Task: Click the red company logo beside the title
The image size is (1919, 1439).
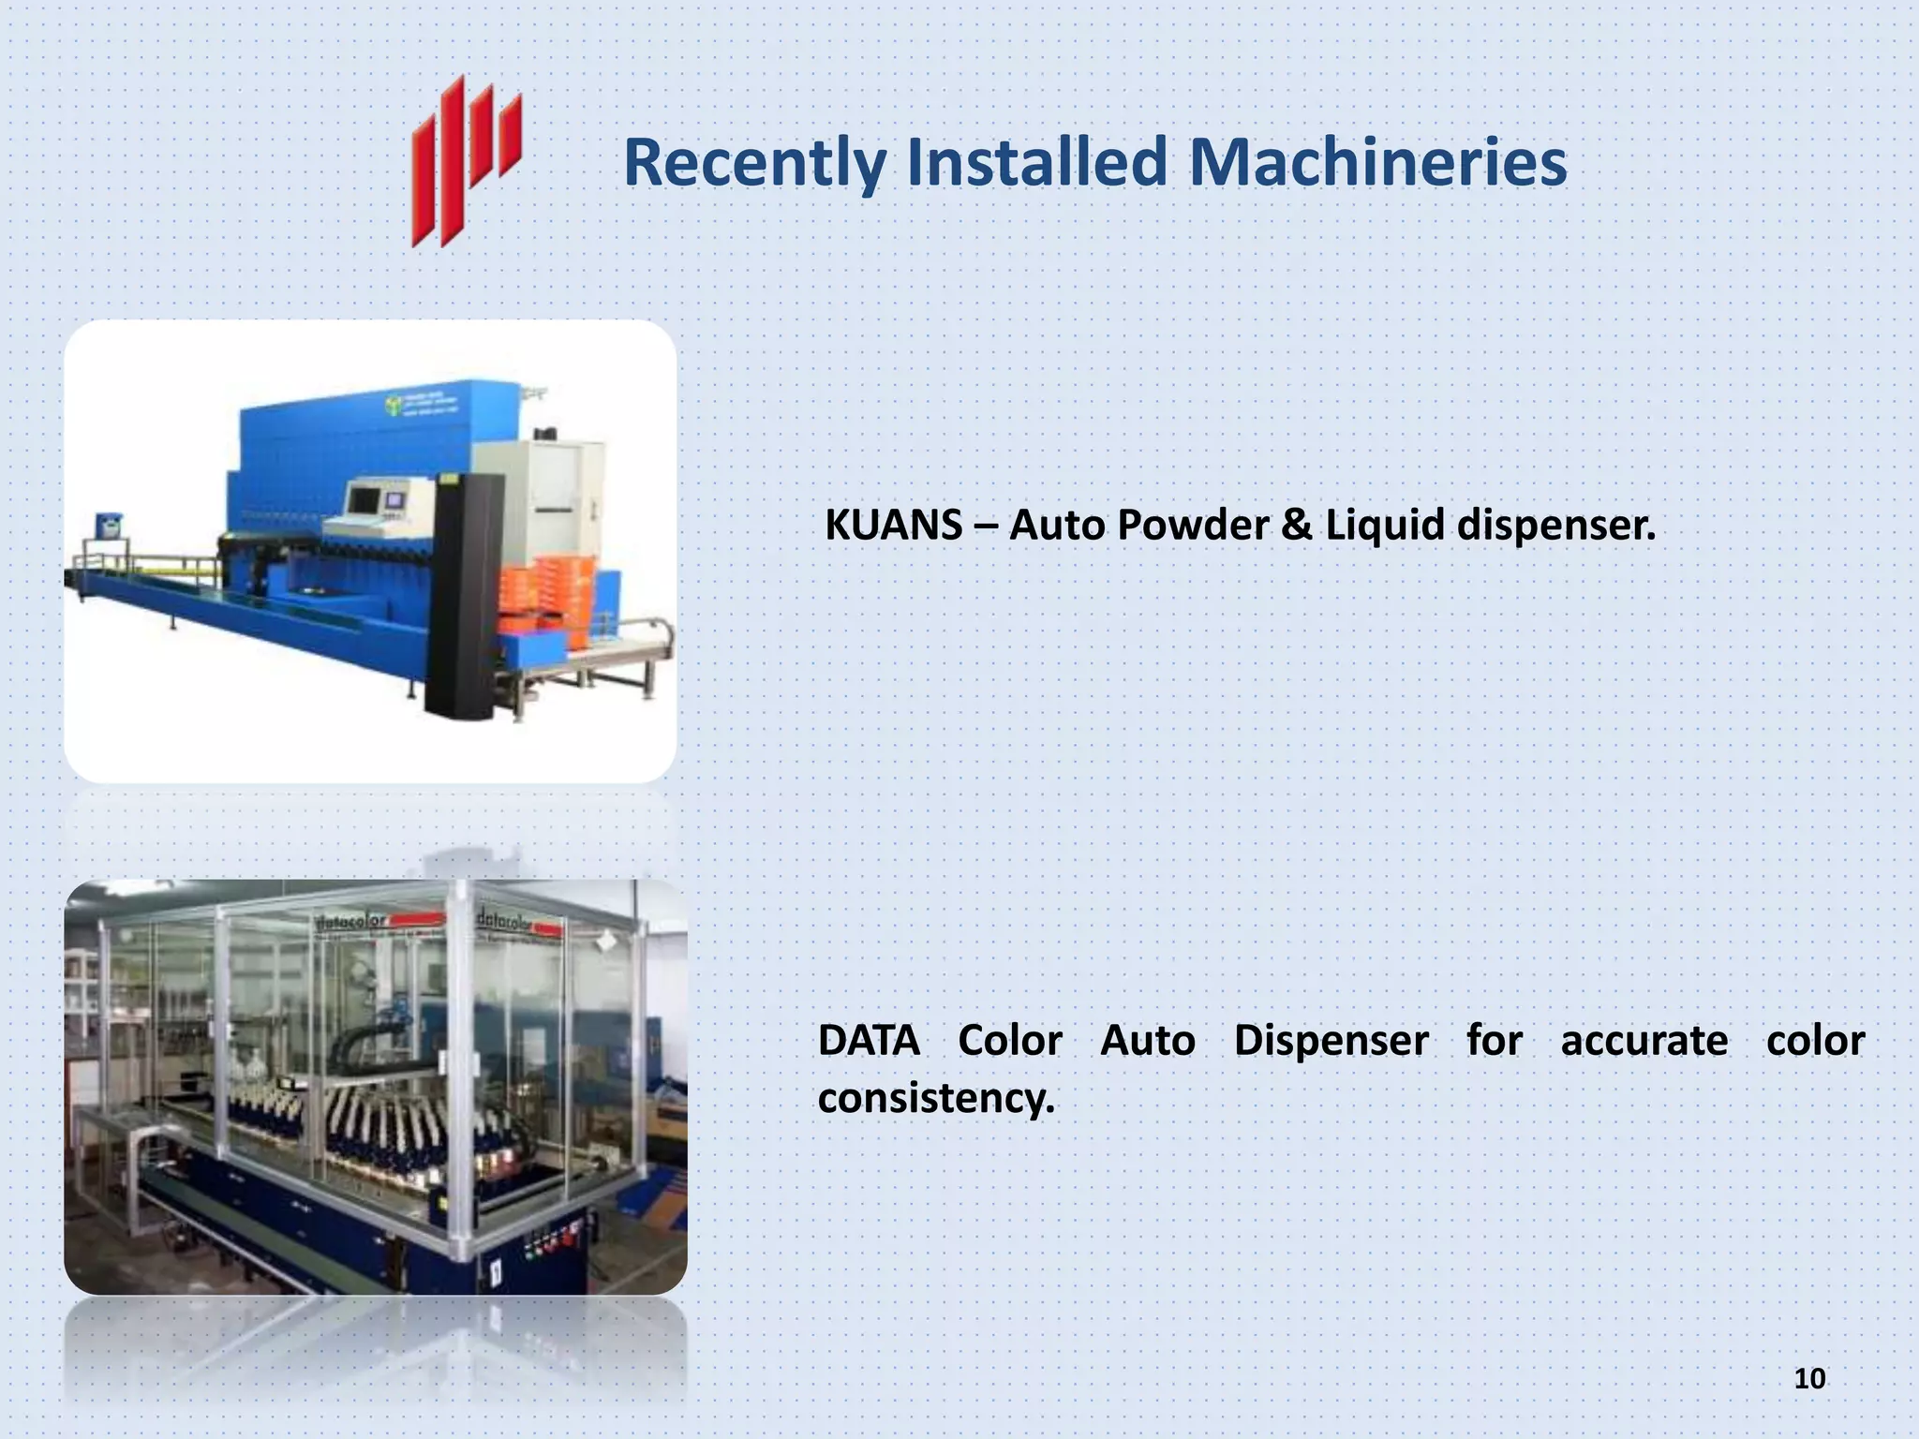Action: [466, 161]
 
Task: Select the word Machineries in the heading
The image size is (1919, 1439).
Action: [1377, 161]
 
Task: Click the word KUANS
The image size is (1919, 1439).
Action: [893, 525]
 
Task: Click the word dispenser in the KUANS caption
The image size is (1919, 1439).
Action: [1556, 525]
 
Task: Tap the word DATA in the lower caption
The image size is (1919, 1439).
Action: [869, 1041]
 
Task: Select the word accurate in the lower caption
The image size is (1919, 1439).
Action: [1644, 1041]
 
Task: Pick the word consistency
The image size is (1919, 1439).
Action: [936, 1098]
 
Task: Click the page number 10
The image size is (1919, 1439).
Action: [1809, 1378]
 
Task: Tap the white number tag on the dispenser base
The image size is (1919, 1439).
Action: [494, 1273]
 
